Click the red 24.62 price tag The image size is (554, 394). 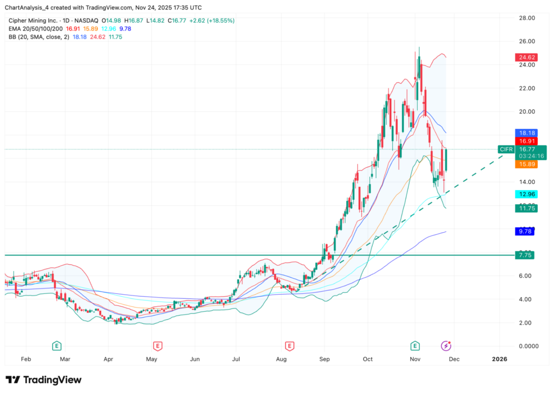click(524, 57)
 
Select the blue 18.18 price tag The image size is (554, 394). click(524, 132)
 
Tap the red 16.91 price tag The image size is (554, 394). click(524, 140)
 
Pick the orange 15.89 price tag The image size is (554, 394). click(524, 164)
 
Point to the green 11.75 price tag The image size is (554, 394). click(524, 208)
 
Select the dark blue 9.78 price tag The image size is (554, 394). click(524, 232)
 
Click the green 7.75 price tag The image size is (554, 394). click(524, 255)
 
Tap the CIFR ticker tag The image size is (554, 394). click(506, 149)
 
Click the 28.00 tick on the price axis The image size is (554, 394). click(524, 18)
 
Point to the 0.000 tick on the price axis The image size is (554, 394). click(524, 346)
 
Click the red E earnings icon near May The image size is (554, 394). click(157, 345)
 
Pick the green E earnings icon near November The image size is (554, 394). click(415, 345)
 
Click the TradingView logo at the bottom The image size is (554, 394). click(43, 380)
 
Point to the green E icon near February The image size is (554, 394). click(56, 345)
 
